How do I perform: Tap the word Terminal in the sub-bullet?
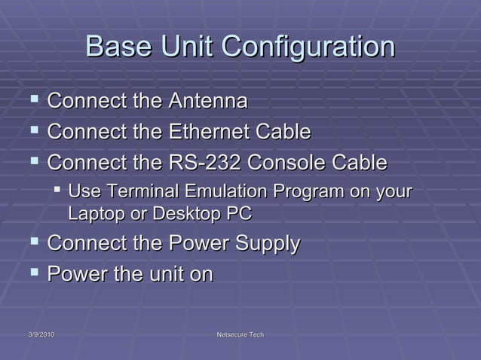coord(134,191)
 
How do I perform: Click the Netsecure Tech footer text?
coord(240,334)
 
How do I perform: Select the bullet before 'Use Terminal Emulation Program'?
coord(57,191)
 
